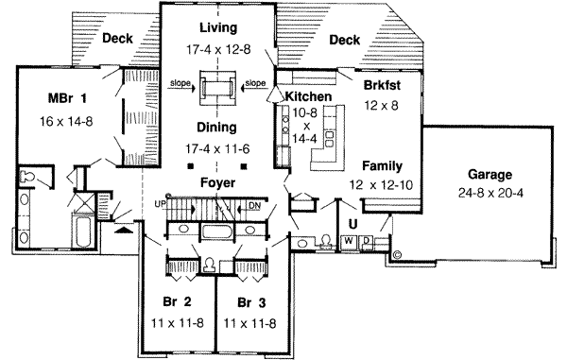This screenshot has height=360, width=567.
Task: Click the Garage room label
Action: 490,175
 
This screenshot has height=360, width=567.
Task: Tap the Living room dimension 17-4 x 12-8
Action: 218,49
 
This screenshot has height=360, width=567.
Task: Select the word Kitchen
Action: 308,96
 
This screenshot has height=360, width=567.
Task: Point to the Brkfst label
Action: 382,85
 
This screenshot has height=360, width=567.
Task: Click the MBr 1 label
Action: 67,98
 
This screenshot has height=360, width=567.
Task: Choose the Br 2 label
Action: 177,301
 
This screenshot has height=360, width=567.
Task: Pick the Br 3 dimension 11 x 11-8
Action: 249,323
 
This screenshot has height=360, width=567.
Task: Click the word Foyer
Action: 217,183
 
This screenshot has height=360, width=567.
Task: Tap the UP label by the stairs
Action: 160,204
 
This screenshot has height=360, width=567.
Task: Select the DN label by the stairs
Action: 254,206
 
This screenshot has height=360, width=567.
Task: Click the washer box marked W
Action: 349,242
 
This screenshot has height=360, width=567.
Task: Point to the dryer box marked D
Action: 366,242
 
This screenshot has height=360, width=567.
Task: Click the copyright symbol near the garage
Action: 397,254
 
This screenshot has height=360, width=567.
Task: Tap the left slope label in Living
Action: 180,83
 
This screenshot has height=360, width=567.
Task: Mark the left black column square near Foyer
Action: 191,166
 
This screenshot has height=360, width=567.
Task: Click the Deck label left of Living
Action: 117,39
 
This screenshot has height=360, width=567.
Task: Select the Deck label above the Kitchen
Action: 345,40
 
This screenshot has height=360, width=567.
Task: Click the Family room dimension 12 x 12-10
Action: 381,185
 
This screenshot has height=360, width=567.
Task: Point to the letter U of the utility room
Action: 352,224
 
